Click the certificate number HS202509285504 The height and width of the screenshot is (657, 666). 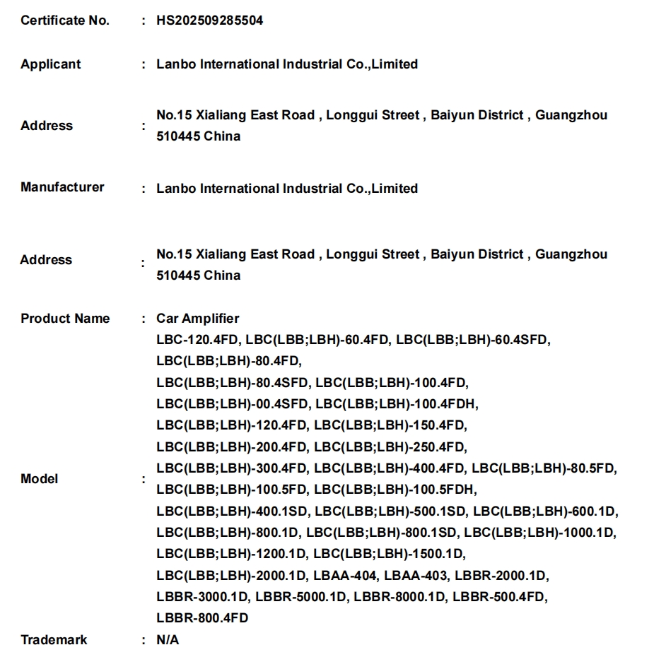point(209,20)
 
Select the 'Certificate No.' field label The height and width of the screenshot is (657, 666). point(65,20)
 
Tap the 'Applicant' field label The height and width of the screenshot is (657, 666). point(51,64)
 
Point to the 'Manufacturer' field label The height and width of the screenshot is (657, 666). point(62,187)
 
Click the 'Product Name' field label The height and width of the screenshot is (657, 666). point(65,319)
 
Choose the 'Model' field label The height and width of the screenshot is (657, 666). point(40,479)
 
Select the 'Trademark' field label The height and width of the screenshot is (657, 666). point(54,640)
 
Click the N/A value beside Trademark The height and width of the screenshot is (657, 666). point(168,640)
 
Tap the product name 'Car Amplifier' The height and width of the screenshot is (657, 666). point(198,319)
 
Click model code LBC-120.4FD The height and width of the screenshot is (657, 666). point(197,340)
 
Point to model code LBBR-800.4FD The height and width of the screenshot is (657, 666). point(202,618)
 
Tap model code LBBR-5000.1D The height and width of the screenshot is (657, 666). point(301,597)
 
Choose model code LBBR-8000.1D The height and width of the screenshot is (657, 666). point(400,597)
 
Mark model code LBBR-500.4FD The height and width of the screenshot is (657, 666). point(499,597)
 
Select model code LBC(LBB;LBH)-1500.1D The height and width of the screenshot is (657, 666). point(390,554)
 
